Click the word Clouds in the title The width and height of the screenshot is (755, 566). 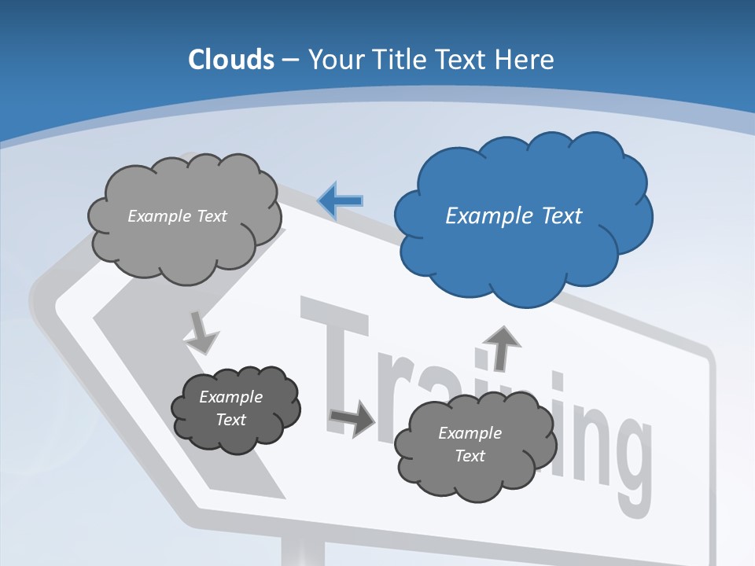pyautogui.click(x=231, y=60)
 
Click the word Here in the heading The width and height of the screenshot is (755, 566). pyautogui.click(x=525, y=60)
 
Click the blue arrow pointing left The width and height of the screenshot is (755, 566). pyautogui.click(x=341, y=200)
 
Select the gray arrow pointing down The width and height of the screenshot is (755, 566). pyautogui.click(x=201, y=332)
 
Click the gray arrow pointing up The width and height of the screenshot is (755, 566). pyautogui.click(x=501, y=346)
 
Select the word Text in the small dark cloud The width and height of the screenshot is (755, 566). pyautogui.click(x=230, y=420)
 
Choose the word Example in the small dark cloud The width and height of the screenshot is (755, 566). pyautogui.click(x=230, y=397)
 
